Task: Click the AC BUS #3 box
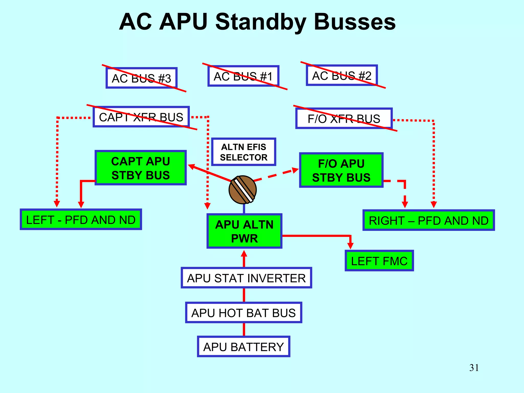click(x=141, y=78)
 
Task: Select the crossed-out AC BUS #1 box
click(x=243, y=76)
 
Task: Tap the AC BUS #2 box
click(x=342, y=75)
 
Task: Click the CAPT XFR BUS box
click(x=141, y=117)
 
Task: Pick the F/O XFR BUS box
click(x=344, y=118)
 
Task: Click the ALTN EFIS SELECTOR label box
click(x=243, y=152)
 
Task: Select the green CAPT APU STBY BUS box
click(x=140, y=168)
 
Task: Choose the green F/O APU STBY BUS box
click(x=341, y=170)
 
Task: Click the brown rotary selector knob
click(x=242, y=190)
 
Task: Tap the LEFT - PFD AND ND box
click(x=81, y=220)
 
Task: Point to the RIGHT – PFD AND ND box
click(x=428, y=220)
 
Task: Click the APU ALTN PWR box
click(x=244, y=231)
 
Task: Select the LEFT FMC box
click(x=379, y=261)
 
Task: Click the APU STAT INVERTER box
click(x=246, y=278)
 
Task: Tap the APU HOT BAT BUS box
click(x=243, y=313)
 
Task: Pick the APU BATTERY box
click(x=243, y=346)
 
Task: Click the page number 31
click(x=474, y=368)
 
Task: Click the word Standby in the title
click(x=260, y=22)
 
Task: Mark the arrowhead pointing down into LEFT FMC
click(x=350, y=246)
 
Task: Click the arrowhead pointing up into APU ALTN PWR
click(x=244, y=254)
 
